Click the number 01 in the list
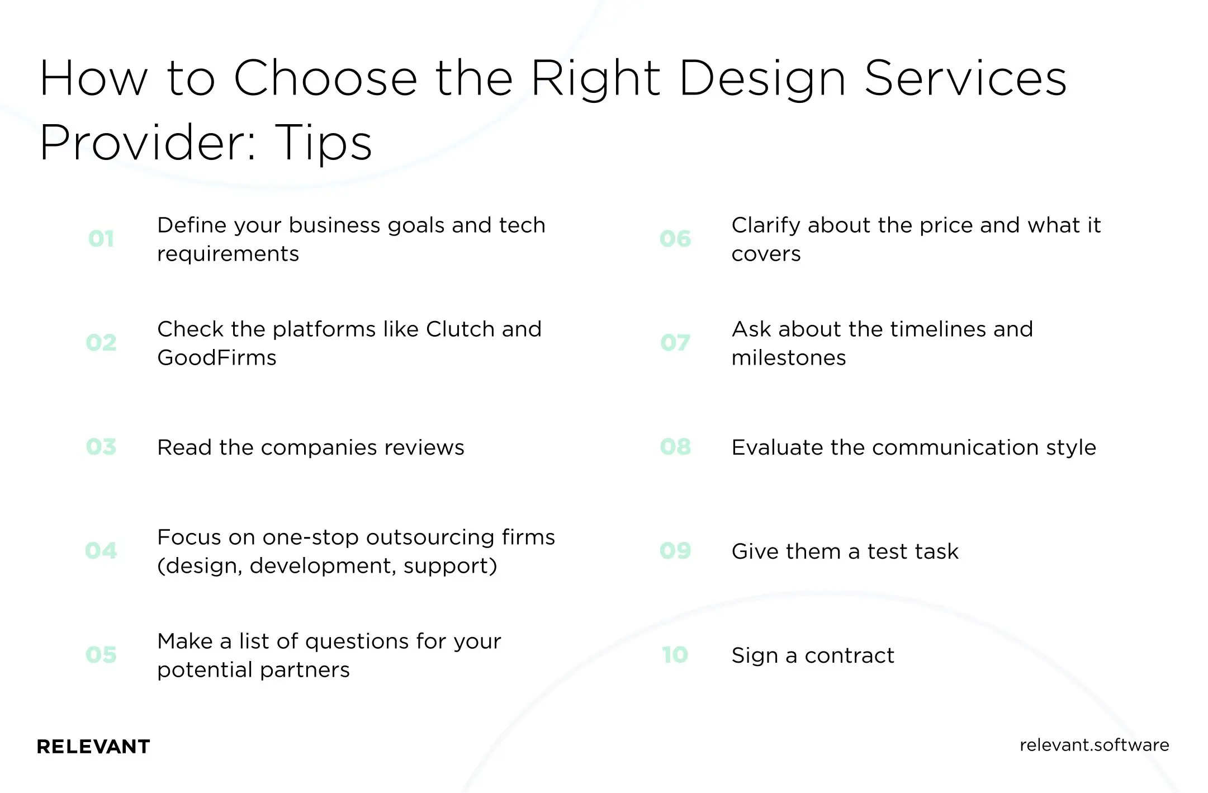pos(101,239)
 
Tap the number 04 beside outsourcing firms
pos(101,551)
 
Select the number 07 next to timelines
pos(675,343)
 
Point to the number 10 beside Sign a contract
pos(675,655)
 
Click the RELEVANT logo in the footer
pos(93,747)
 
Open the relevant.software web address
pos(1094,745)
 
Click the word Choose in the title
pos(325,78)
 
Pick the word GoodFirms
pos(217,358)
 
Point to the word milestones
pos(789,358)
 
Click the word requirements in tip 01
pos(228,254)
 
